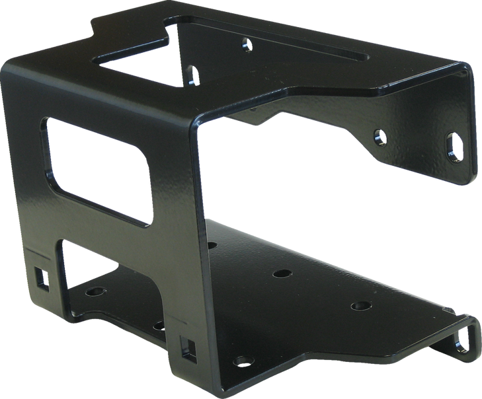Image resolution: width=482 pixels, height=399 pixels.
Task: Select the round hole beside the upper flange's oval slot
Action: click(380, 137)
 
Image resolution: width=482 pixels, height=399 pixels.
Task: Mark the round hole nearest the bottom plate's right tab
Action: click(360, 306)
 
